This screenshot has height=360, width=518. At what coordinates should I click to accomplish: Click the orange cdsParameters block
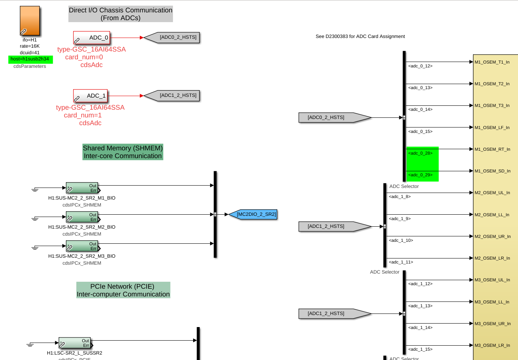click(x=30, y=21)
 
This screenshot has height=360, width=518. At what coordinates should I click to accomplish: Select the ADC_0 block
click(x=92, y=38)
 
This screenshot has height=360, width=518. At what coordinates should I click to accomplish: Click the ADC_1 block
click(x=90, y=96)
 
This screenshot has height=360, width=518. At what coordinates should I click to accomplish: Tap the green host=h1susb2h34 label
click(x=30, y=59)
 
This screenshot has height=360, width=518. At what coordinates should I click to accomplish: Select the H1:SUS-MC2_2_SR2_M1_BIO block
click(x=82, y=188)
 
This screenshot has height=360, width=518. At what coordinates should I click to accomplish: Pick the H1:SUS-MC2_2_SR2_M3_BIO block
click(x=82, y=246)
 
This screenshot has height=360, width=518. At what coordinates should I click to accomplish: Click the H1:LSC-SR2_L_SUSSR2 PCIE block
click(x=75, y=343)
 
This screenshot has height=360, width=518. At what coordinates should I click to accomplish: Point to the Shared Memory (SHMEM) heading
click(x=123, y=152)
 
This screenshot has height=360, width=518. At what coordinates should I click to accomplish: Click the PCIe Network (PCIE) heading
click(x=123, y=290)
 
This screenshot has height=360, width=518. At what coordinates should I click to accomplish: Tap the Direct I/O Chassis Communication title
click(x=121, y=14)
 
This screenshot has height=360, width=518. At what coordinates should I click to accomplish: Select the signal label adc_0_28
click(x=420, y=153)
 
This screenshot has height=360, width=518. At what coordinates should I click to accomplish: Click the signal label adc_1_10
click(x=401, y=241)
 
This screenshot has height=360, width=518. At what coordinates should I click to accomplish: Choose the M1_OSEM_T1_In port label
click(x=492, y=62)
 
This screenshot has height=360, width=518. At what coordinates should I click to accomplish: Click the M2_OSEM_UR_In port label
click(x=492, y=236)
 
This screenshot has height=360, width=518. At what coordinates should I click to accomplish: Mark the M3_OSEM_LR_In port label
click(x=492, y=345)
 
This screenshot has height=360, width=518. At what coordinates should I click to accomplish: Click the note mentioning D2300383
click(x=360, y=36)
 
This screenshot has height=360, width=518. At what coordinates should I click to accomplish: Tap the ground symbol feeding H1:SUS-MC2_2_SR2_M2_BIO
click(x=35, y=219)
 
